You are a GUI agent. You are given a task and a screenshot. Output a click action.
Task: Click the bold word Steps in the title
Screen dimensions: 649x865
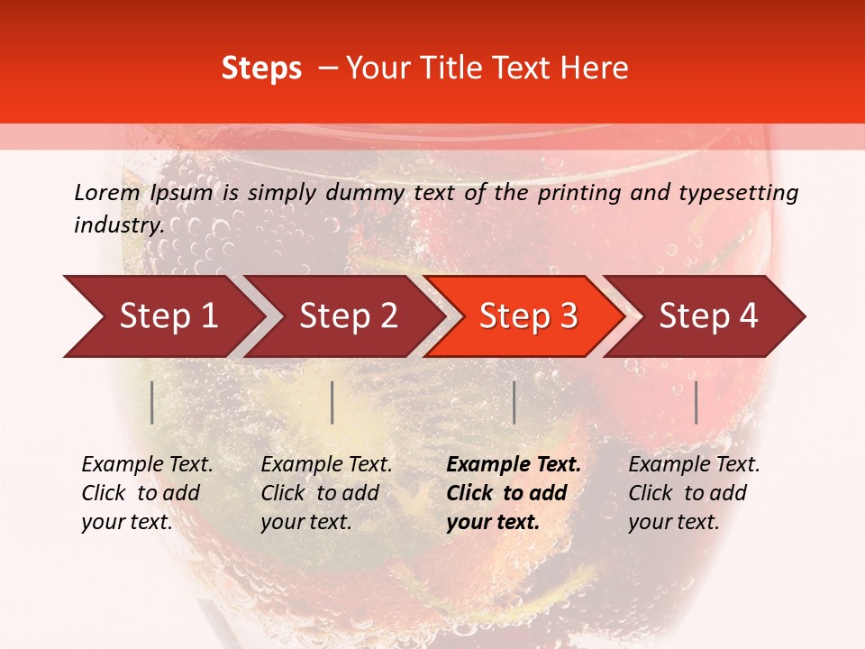click(x=261, y=68)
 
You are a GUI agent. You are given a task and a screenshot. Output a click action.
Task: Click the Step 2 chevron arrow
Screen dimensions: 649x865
click(x=346, y=315)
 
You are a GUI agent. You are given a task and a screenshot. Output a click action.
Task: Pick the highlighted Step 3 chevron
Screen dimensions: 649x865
click(x=526, y=315)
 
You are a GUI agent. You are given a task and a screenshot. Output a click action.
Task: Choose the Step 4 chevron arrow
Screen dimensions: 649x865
click(x=708, y=315)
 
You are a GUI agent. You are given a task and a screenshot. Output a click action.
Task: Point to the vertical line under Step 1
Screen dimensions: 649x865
click(x=152, y=402)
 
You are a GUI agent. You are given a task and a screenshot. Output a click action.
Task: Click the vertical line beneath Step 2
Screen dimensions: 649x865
click(x=332, y=402)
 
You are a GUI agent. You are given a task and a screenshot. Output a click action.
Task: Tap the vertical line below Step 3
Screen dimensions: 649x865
click(x=514, y=402)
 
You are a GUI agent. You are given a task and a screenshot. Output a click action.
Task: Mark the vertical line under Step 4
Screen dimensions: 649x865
click(x=696, y=402)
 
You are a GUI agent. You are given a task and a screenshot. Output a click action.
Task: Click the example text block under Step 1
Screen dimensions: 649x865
click(x=147, y=493)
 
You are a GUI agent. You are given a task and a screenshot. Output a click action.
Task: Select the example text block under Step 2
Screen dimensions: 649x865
click(x=326, y=493)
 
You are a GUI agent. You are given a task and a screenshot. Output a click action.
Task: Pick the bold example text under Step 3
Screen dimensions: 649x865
click(x=514, y=493)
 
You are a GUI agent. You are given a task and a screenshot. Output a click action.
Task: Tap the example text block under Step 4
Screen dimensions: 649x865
click(x=694, y=493)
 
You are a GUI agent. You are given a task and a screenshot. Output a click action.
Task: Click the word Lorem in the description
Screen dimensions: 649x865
click(x=106, y=193)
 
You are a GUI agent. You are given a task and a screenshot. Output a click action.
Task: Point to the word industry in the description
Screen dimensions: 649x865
click(x=117, y=225)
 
